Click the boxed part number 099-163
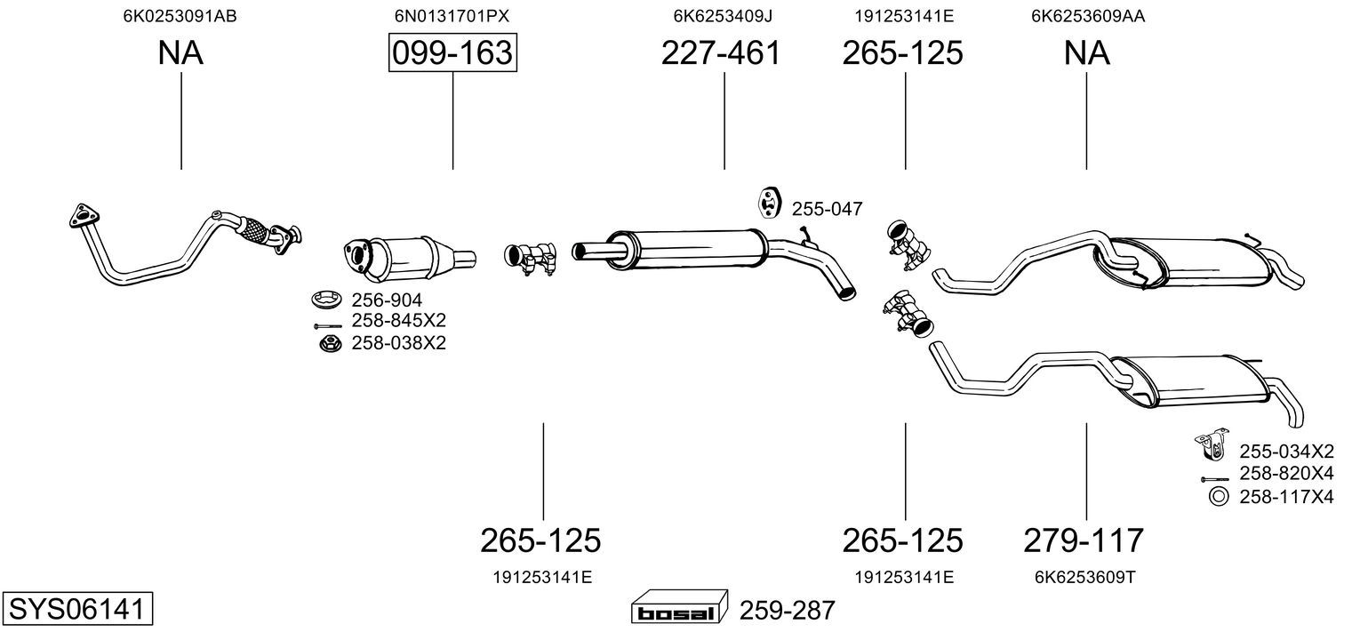coord(453,52)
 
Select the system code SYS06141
coord(77,608)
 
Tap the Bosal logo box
coord(679,606)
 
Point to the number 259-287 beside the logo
coord(787,610)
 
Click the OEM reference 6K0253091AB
coord(180,16)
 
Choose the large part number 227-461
coord(721,52)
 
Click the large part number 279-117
coord(1084,540)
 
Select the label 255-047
coord(827,209)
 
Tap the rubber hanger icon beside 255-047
coord(769,203)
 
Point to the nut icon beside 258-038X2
coord(331,344)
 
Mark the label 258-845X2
coord(398,320)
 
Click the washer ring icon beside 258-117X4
coord(1219,497)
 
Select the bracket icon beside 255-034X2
coord(1212,444)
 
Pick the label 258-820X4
coord(1286,473)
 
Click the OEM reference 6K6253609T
coord(1085,577)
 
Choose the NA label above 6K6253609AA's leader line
coord(1086,52)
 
